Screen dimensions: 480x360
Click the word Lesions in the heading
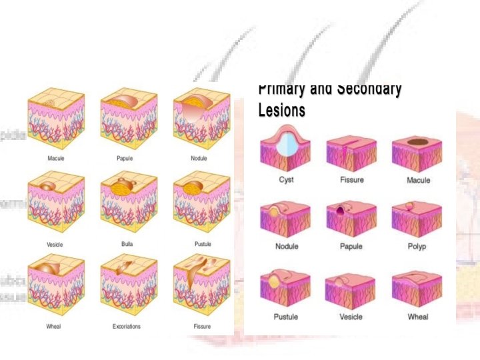[x=281, y=111]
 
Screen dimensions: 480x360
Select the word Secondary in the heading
[x=368, y=89]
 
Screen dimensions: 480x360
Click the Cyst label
[x=286, y=180]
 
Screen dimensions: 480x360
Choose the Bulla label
[x=127, y=244]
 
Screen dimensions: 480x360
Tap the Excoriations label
[x=127, y=327]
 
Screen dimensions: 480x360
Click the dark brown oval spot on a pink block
[x=418, y=141]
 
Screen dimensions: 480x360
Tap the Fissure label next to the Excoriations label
[x=202, y=327]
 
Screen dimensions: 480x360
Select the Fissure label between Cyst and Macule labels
[x=351, y=180]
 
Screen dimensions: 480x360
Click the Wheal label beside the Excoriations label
[x=53, y=327]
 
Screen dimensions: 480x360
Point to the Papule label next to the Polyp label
[x=351, y=247]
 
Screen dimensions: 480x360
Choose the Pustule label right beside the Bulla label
[x=203, y=244]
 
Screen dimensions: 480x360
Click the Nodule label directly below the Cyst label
[x=286, y=247]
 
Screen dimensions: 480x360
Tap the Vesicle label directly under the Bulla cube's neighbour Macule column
[x=55, y=245]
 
